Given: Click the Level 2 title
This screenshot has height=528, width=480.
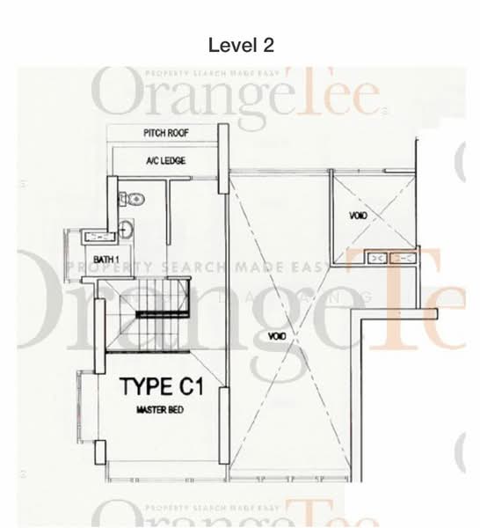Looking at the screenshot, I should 239,44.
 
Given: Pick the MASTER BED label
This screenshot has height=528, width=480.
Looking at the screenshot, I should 159,410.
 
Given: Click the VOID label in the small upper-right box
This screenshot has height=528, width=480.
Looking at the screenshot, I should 359,216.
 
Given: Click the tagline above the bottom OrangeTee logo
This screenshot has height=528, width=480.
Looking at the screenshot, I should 211,508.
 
